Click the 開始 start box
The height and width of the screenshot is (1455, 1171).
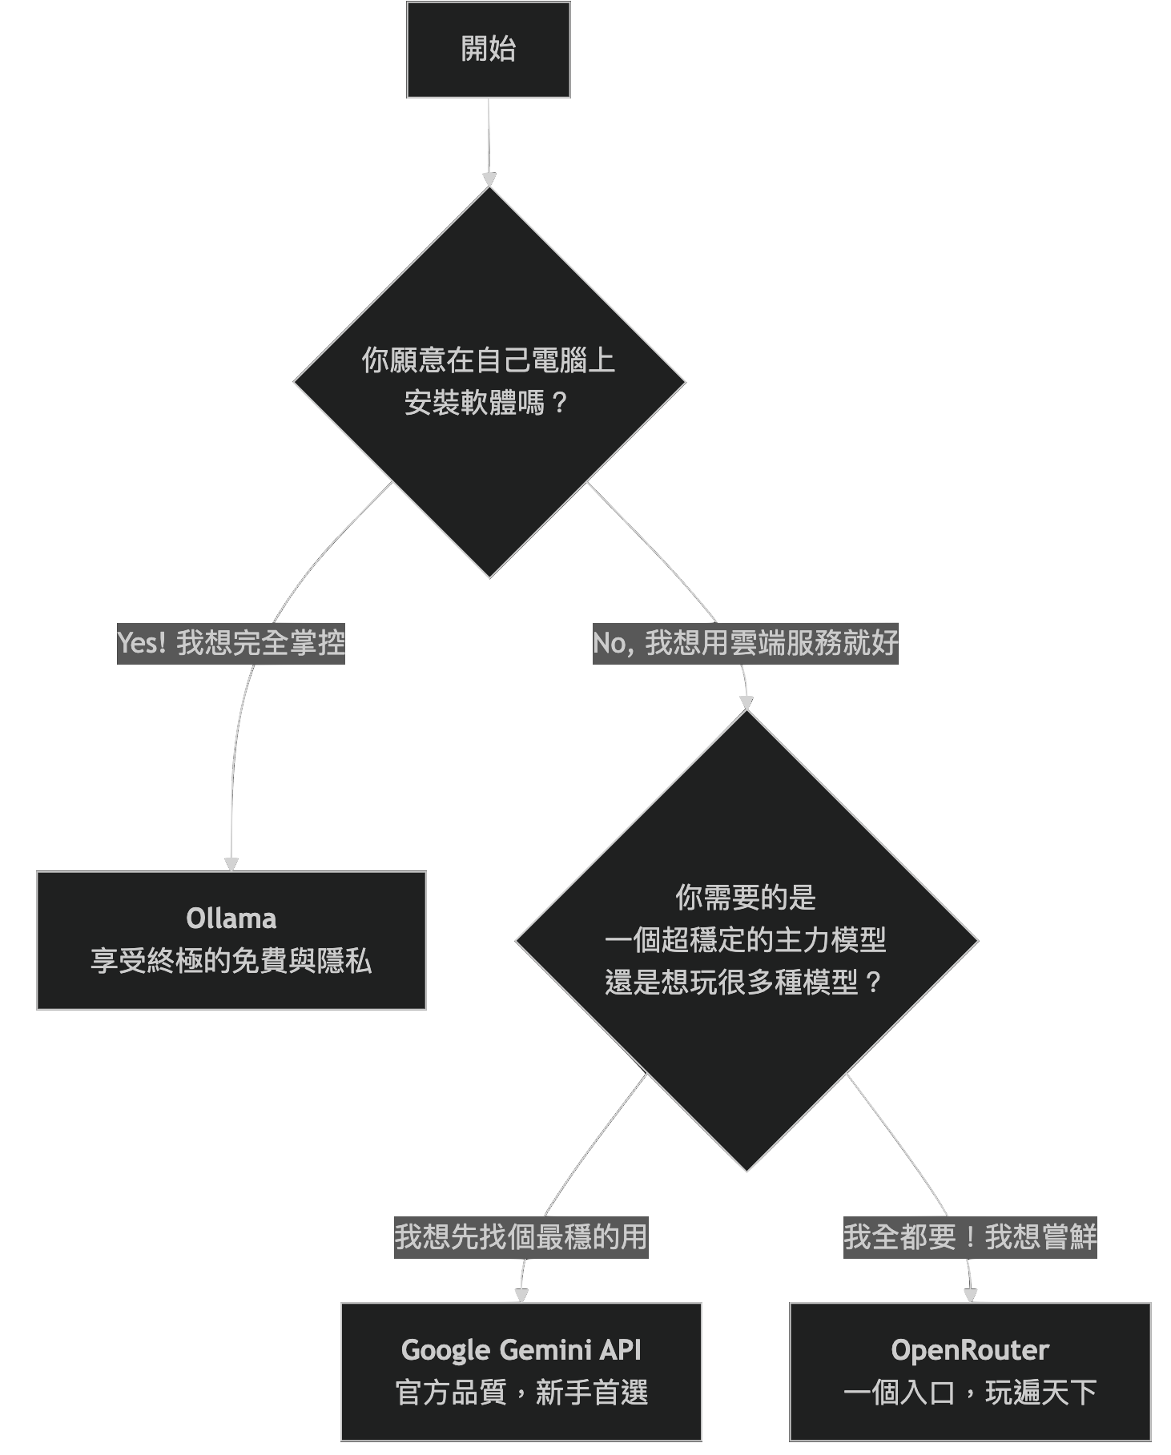tap(489, 50)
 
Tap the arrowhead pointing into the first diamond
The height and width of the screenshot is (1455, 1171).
tap(489, 180)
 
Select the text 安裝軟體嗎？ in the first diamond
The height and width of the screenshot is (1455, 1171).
tap(488, 402)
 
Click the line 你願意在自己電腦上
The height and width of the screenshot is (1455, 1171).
tap(489, 360)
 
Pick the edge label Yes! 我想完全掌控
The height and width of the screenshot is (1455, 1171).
tap(231, 643)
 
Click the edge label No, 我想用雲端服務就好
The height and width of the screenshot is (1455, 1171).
tap(745, 643)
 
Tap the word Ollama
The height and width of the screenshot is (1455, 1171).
tap(231, 918)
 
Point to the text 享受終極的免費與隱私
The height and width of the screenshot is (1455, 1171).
tap(231, 961)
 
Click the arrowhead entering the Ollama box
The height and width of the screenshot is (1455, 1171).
tap(231, 864)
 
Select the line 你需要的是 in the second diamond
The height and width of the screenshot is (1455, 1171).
tap(746, 897)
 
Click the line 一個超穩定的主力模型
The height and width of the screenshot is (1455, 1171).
tap(746, 939)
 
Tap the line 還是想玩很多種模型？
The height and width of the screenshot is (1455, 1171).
tap(746, 982)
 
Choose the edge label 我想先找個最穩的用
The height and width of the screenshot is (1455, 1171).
tap(521, 1237)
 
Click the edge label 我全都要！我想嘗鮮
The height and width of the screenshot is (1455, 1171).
tap(970, 1237)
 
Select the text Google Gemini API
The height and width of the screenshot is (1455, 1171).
tap(521, 1350)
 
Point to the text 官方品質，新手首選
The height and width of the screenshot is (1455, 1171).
tap(521, 1393)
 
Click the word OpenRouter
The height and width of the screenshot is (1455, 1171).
tap(970, 1350)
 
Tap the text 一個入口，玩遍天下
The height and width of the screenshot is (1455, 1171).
tap(970, 1393)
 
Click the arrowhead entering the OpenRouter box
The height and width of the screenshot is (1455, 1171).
tap(971, 1296)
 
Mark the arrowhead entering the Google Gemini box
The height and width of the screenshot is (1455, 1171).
tap(521, 1296)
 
